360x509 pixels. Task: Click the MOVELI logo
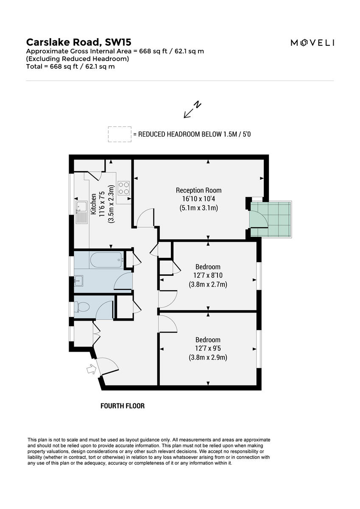pyautogui.click(x=312, y=42)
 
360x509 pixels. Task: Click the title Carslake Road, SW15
pyautogui.click(x=79, y=42)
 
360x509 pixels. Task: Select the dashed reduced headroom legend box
pyautogui.click(x=119, y=134)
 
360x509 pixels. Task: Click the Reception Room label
pyautogui.click(x=198, y=190)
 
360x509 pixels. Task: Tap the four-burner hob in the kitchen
pyautogui.click(x=124, y=188)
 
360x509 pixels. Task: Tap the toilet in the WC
pyautogui.click(x=81, y=307)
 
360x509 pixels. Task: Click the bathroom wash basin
pyautogui.click(x=79, y=280)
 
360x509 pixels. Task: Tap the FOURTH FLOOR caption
pyautogui.click(x=123, y=406)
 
